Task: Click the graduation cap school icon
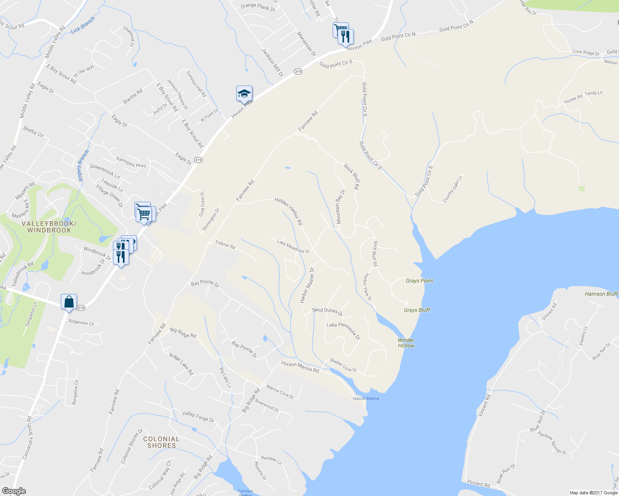(244, 94)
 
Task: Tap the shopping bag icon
(69, 302)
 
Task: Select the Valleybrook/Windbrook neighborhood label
(49, 227)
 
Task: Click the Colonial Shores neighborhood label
(161, 442)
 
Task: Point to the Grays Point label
(419, 281)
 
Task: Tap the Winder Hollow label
(406, 343)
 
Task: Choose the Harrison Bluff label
(601, 294)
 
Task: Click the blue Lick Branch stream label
(83, 25)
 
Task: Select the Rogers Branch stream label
(84, 165)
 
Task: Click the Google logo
(14, 491)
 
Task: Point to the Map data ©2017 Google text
(593, 493)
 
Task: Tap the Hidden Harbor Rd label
(289, 211)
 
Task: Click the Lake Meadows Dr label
(293, 247)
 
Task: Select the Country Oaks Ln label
(452, 189)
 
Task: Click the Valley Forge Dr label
(198, 417)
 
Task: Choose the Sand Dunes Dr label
(327, 311)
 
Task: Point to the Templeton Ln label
(31, 315)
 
